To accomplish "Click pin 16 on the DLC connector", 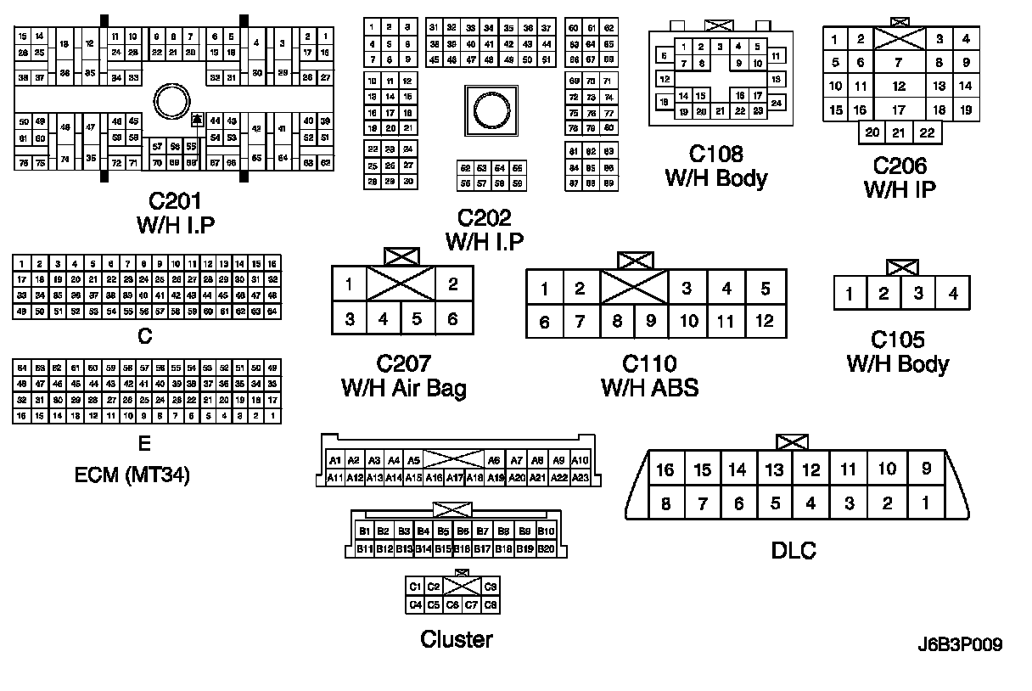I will point(665,469).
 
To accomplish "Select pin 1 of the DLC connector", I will point(924,503).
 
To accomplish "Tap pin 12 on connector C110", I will point(765,321).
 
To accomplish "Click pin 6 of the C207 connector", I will point(453,319).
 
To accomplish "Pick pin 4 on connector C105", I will point(953,294).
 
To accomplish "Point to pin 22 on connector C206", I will point(927,132).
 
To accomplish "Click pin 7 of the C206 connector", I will point(899,62).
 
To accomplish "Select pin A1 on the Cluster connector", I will point(335,460).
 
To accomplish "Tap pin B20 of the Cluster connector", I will point(546,549).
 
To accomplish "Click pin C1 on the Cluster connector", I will point(415,587).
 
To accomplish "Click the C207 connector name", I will point(403,364).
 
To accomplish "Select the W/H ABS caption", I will point(649,388).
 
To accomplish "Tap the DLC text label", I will point(794,550).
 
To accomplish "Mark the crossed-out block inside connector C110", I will point(634,288).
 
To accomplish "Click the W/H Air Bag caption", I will point(403,388).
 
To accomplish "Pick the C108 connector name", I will point(715,154).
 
